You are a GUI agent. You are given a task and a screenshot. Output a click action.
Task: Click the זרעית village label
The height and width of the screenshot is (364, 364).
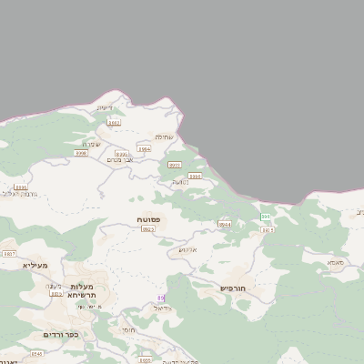(x=105, y=108)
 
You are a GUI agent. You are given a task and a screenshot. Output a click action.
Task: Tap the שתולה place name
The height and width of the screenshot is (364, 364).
(x=163, y=136)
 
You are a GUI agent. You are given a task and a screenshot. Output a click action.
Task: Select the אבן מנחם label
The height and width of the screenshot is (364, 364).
(x=119, y=160)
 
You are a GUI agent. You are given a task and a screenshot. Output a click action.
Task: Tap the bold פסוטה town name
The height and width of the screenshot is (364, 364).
(x=148, y=219)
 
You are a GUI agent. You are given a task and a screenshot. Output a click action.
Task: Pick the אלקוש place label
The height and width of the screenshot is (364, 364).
(x=187, y=249)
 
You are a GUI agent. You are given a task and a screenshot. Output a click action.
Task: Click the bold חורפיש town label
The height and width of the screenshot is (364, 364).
(x=234, y=288)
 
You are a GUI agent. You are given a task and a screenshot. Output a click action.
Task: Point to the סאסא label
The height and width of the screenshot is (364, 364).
(x=336, y=262)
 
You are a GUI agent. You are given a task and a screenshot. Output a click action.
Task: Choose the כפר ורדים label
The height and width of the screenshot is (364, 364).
(x=60, y=334)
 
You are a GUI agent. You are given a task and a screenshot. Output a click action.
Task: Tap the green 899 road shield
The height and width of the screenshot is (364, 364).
(x=265, y=216)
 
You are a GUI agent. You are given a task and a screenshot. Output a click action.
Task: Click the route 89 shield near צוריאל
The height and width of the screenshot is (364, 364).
(x=161, y=298)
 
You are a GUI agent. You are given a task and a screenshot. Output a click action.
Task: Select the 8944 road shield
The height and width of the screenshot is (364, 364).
(x=224, y=224)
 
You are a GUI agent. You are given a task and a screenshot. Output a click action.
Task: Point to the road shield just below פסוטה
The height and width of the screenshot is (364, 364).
(x=148, y=229)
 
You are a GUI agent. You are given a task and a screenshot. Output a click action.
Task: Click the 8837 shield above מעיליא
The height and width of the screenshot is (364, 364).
(x=9, y=254)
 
